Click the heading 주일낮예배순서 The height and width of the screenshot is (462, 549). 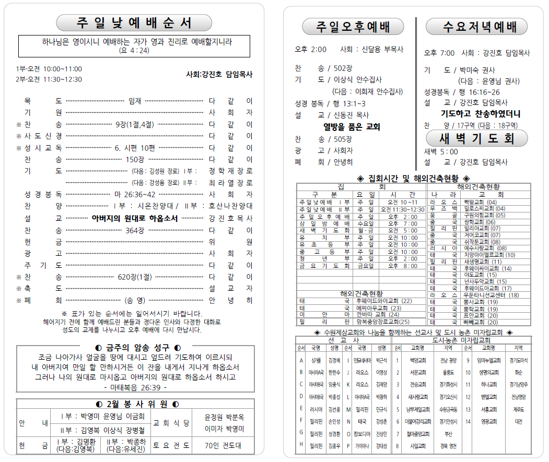(x=134, y=23)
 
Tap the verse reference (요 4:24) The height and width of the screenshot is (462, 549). (x=134, y=51)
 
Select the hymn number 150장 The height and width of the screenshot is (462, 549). (x=135, y=159)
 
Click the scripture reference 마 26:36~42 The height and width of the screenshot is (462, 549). (x=135, y=194)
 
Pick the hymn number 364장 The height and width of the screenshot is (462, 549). (x=135, y=230)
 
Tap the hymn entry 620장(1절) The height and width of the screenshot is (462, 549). (x=135, y=277)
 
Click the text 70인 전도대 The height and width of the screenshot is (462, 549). (x=225, y=446)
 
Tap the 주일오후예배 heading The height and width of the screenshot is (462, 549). (x=353, y=27)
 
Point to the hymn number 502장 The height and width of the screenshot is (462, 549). (x=343, y=68)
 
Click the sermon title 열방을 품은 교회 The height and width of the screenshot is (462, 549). (x=352, y=127)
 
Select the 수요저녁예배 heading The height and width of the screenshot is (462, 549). (x=477, y=27)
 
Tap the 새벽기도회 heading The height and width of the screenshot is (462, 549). (x=477, y=138)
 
